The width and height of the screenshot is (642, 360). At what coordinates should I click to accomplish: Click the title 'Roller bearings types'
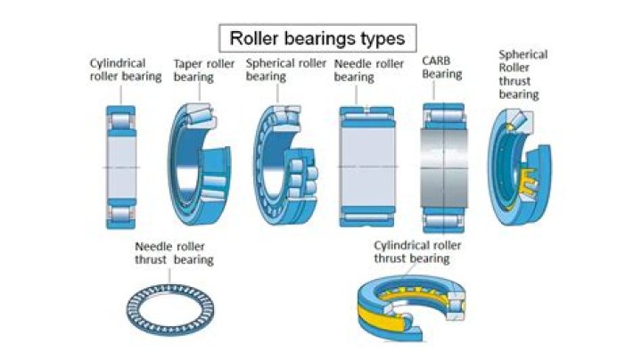317,38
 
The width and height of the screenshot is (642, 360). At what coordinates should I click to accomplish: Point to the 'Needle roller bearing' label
368,70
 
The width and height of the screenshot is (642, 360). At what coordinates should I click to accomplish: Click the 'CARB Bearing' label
441,67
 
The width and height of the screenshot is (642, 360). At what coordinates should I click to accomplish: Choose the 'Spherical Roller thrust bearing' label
523,73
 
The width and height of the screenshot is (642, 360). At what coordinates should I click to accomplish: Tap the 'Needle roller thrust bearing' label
174,253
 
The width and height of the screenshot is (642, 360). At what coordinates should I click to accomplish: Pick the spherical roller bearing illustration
286,166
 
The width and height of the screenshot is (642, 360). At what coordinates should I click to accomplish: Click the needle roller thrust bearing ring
176,308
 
